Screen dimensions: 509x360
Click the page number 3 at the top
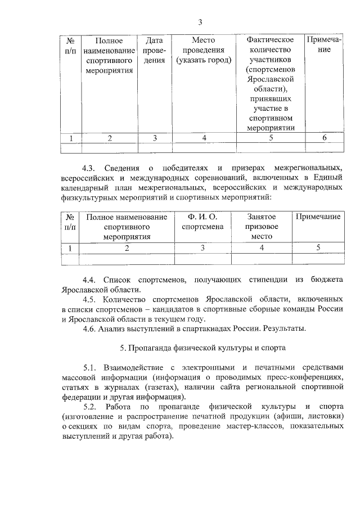coord(200,22)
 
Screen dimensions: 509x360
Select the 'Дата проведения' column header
coord(154,51)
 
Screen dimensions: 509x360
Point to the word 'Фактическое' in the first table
coord(271,40)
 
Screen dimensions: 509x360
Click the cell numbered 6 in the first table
coord(323,138)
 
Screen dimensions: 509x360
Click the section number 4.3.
coord(91,168)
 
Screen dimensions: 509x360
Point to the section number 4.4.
coord(91,280)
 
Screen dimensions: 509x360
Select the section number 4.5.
coord(91,299)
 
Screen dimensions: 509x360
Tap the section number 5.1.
coord(91,368)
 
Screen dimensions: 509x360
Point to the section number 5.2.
coord(91,407)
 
